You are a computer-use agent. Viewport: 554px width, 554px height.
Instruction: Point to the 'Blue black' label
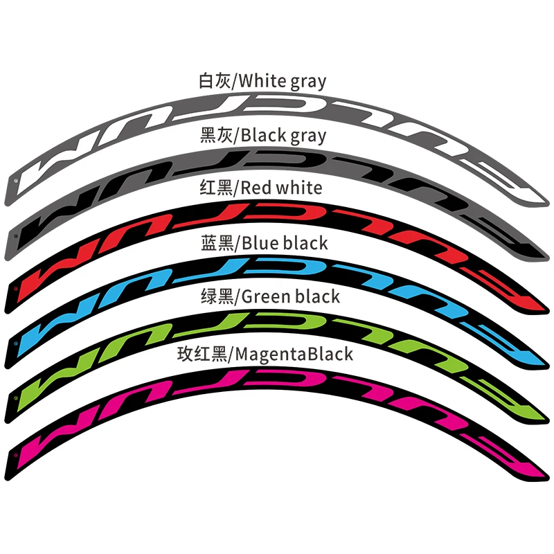click(x=284, y=242)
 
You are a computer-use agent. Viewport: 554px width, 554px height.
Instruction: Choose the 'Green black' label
click(x=290, y=296)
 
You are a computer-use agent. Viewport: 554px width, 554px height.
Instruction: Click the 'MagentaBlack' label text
click(x=294, y=354)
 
